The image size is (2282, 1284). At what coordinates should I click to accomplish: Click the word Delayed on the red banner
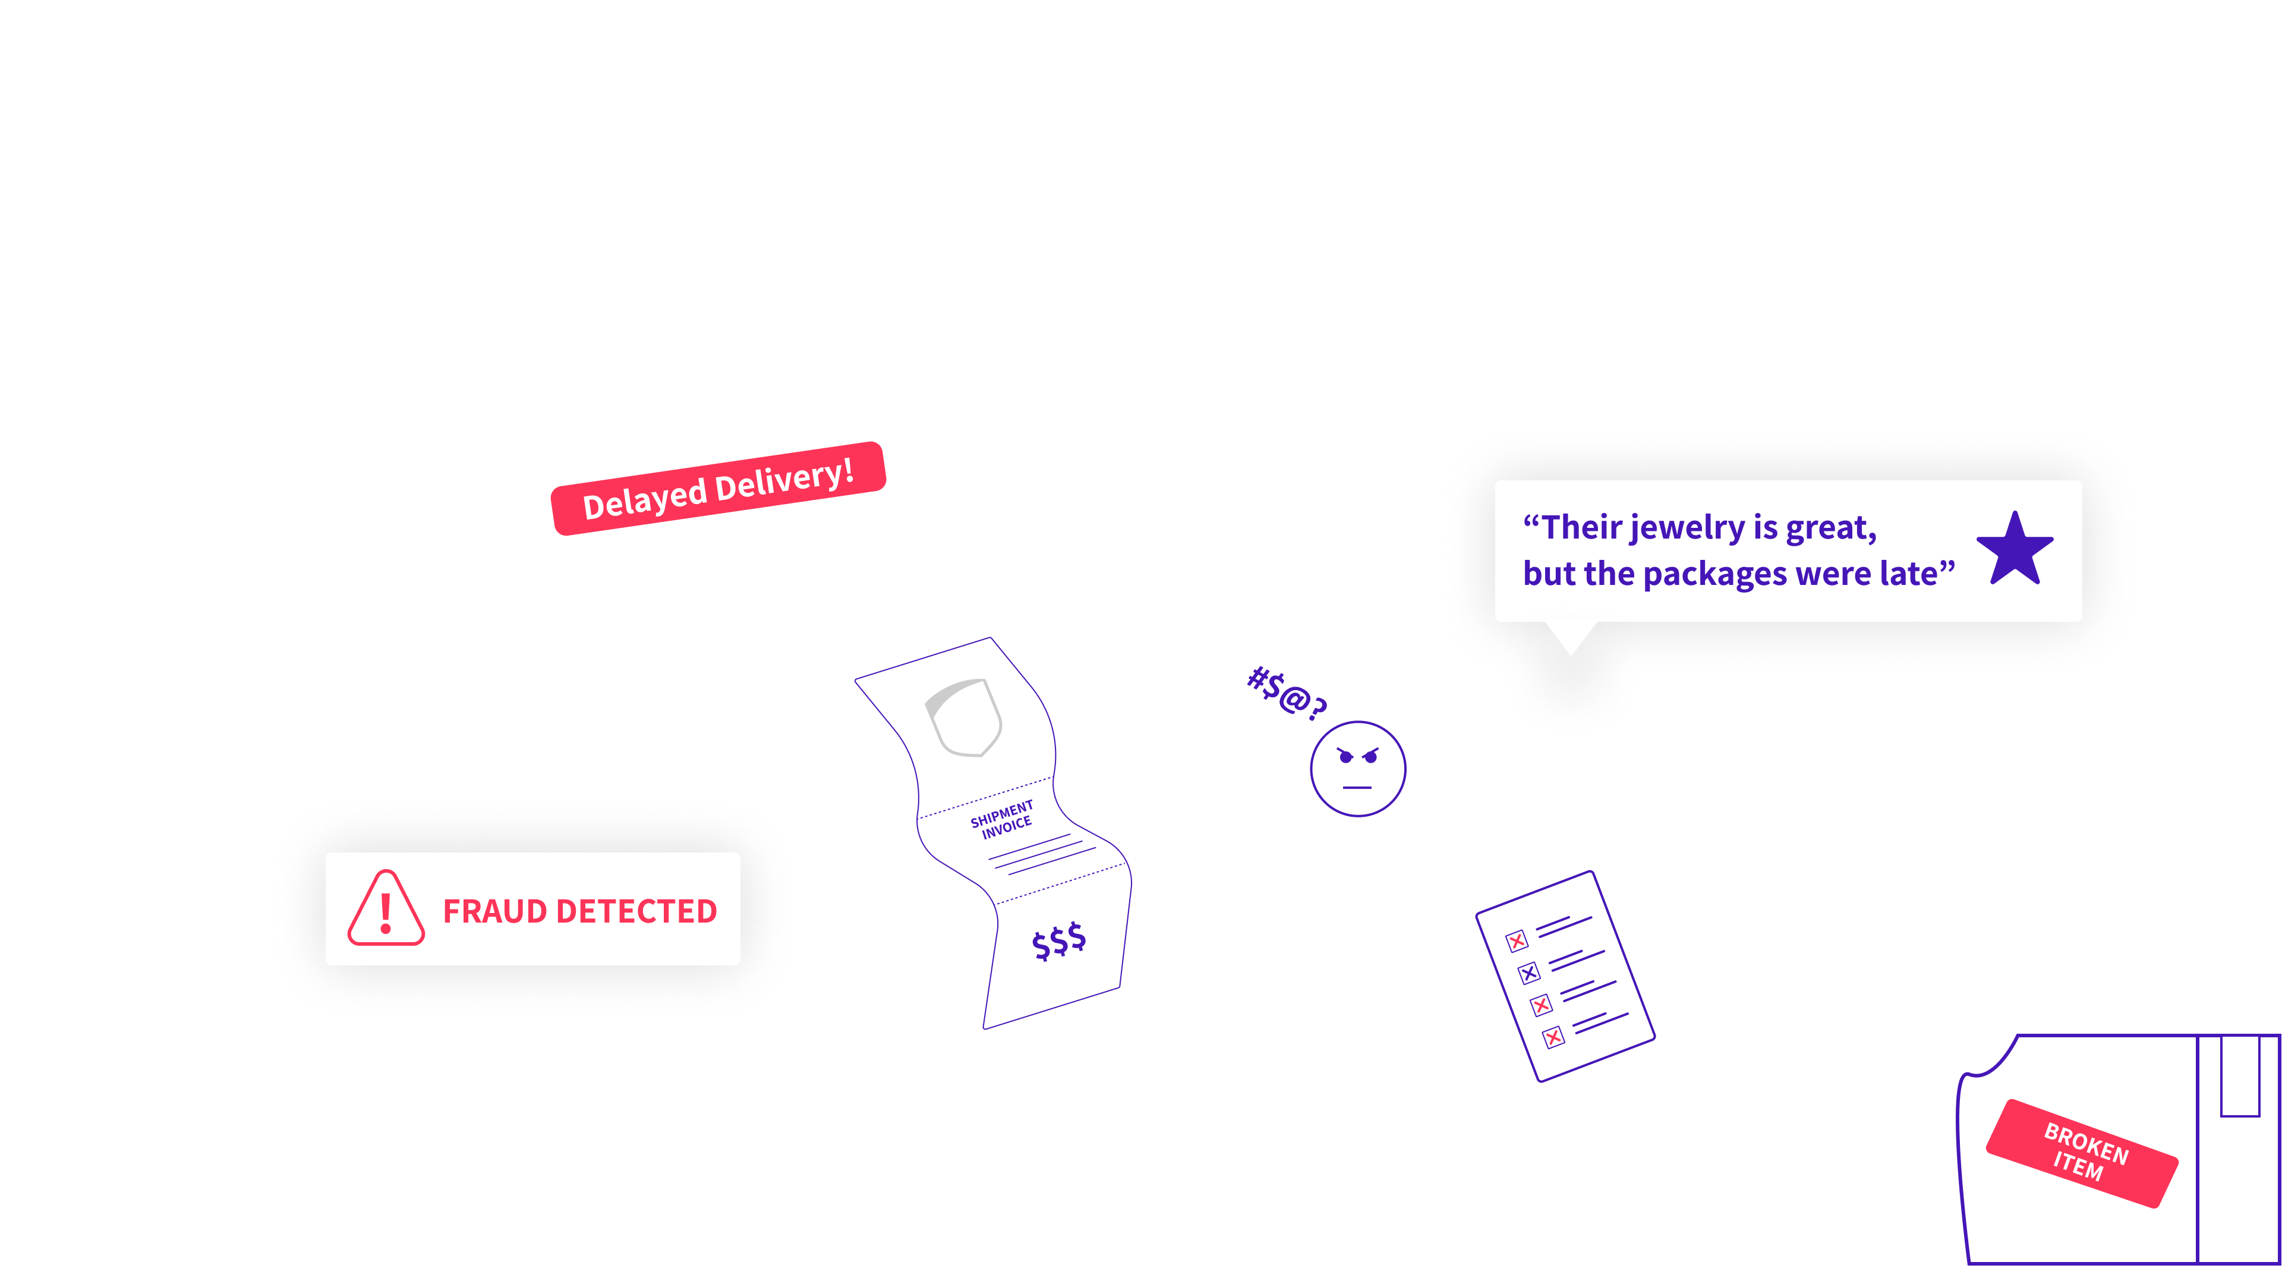644,501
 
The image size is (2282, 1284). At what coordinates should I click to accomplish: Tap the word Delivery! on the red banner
783,479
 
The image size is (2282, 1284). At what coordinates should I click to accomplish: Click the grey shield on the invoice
964,717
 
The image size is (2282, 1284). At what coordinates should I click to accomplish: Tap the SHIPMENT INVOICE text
1003,819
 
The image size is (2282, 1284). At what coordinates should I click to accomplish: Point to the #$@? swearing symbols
1286,693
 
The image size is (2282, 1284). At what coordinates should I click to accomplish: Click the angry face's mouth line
1357,787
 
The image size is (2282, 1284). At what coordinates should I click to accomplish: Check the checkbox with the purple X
1529,973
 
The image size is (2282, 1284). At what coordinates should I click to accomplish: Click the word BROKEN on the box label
2086,1143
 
